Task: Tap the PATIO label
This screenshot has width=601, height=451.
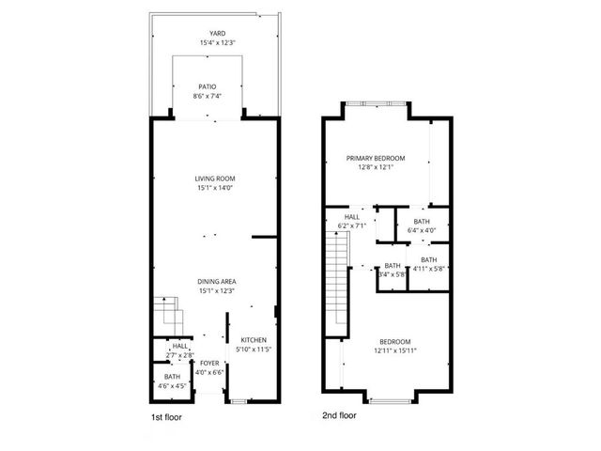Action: (215, 86)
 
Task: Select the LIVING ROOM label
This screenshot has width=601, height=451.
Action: (215, 178)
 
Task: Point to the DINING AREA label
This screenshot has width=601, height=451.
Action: (215, 282)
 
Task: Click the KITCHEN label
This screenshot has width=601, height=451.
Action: (254, 340)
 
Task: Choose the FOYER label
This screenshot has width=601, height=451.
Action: (209, 363)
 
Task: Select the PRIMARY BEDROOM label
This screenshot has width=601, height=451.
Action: (375, 158)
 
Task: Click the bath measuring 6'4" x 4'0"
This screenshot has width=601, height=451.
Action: (423, 223)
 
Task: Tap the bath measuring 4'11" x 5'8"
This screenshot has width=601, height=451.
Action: (428, 260)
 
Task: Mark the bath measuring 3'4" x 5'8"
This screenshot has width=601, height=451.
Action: (392, 266)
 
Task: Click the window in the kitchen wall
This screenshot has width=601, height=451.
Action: (238, 401)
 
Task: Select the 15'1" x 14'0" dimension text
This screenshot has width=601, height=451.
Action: (215, 187)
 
